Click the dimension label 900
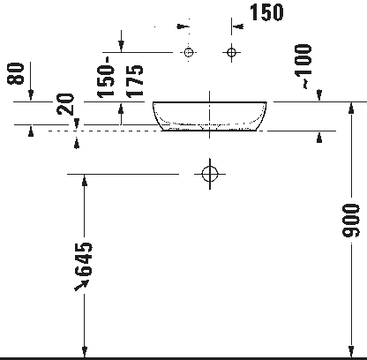click(x=351, y=221)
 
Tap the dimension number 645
click(x=84, y=259)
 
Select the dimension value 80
click(x=15, y=73)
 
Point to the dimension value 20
click(x=65, y=104)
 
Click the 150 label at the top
click(x=266, y=12)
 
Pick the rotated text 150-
click(x=106, y=77)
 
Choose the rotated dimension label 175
click(x=134, y=81)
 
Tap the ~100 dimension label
click(x=303, y=66)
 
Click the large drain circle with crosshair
click(x=210, y=174)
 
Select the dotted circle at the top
click(x=189, y=52)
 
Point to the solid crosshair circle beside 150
click(x=232, y=53)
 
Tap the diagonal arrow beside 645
click(x=81, y=285)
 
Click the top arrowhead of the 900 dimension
click(x=351, y=108)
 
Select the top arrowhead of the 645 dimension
click(x=85, y=180)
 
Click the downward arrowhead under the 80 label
click(x=31, y=95)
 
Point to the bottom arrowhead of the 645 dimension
click(x=85, y=352)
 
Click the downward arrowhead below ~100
click(x=319, y=95)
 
